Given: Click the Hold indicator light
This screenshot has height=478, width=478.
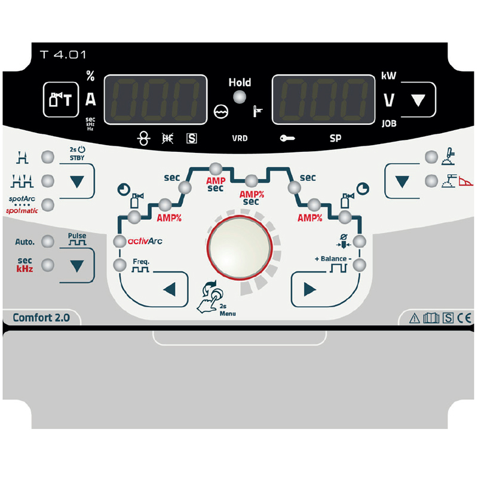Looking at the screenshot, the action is coord(240,97).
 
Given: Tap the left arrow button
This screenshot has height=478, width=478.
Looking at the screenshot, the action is coord(170,289).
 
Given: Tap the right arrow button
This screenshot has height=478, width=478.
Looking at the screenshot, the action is coord(310,289).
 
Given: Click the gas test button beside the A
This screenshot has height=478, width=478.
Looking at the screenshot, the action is coord(61,99).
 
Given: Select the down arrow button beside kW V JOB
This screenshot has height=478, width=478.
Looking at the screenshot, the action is coord(418,100).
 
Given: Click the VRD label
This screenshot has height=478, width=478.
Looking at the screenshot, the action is coord(240,139).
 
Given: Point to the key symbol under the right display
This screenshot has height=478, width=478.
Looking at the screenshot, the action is coord(287,139).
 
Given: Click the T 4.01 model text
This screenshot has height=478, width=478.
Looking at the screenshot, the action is coord(63,55).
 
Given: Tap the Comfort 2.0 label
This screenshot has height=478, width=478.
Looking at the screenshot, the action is coord(41,318).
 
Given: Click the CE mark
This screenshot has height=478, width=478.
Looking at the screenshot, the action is coord(464,318).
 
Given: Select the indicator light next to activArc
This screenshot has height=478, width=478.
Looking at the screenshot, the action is coord(119,241).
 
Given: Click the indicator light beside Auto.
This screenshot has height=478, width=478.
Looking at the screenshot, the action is coord(48,241).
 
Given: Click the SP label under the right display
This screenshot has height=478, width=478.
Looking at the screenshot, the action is coord(335,139).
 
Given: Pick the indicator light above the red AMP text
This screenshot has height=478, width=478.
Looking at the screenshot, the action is coord(216,168).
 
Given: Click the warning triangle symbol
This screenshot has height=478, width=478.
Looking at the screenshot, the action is coord(414,318).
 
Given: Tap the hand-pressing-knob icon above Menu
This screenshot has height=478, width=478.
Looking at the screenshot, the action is coord(210,298).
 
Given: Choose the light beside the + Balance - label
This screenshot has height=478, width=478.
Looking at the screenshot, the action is coord(360,265).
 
